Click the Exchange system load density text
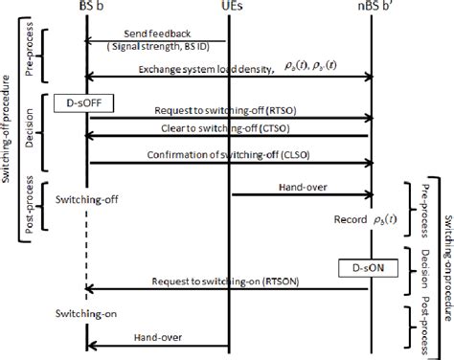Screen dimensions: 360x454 click(x=197, y=69)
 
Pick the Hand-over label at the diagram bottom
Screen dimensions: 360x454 click(x=159, y=337)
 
